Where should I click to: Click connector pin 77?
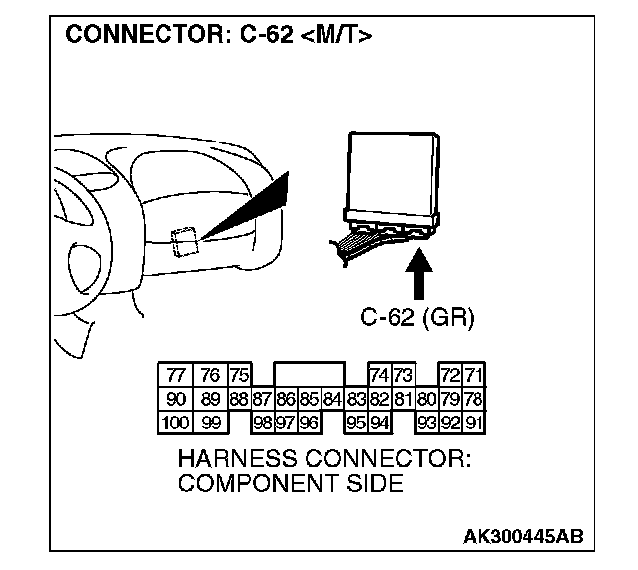coord(176,375)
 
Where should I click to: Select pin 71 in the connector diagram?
coord(474,375)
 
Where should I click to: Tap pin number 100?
coord(176,422)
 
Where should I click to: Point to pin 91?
coord(474,422)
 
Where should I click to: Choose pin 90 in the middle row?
coord(176,399)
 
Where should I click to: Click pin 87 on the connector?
coord(262,399)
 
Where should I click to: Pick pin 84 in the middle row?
coord(334,399)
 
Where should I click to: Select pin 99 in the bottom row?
coord(210,422)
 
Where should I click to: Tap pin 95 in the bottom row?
coord(355,422)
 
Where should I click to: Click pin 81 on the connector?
coord(403,399)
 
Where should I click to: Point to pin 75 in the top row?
coord(238,375)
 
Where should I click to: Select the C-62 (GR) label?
coord(417,319)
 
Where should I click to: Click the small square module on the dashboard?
coord(183,240)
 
